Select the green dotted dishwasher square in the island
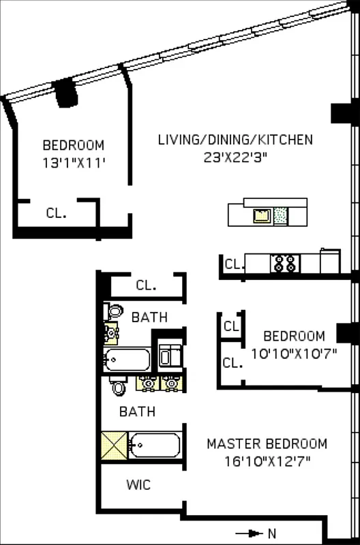click(x=280, y=216)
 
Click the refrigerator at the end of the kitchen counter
click(x=330, y=261)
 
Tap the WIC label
click(x=138, y=485)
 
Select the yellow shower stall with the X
click(x=114, y=446)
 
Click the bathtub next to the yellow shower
click(x=155, y=446)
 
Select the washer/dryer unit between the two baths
click(x=168, y=356)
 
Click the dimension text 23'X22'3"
click(x=235, y=156)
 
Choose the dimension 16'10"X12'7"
click(x=267, y=461)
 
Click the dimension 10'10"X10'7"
click(x=294, y=353)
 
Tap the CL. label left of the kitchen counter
click(x=234, y=264)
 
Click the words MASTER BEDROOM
click(x=267, y=443)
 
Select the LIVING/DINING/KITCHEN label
click(x=235, y=140)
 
